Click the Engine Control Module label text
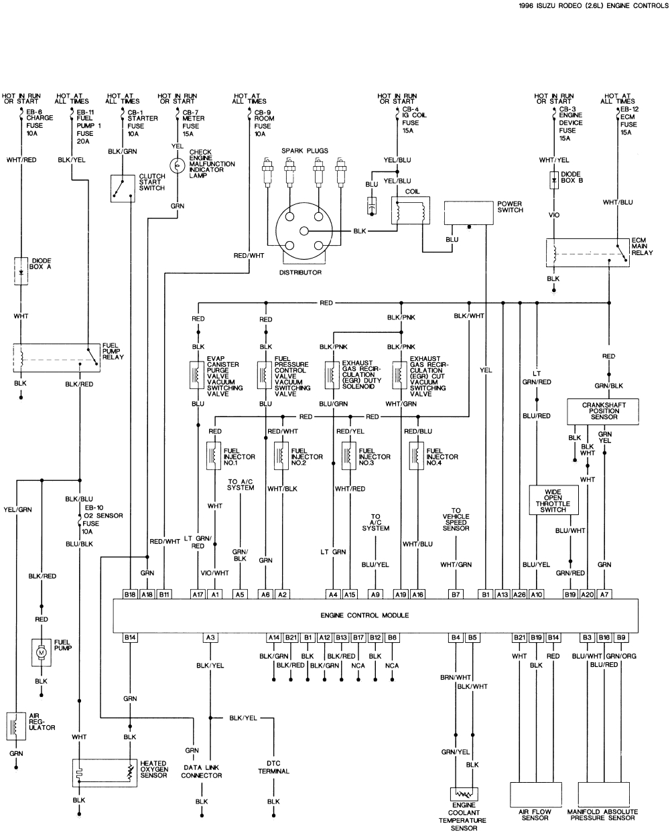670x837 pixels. (374, 615)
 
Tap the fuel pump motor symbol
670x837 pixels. (41, 652)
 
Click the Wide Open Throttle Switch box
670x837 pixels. (553, 500)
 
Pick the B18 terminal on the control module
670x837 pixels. (130, 594)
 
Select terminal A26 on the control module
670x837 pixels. (519, 594)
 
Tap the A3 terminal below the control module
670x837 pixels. (210, 637)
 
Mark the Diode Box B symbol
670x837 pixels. (554, 180)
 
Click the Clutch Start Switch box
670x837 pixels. (123, 187)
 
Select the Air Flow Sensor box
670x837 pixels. (535, 794)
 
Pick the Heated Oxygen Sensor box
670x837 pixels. (105, 772)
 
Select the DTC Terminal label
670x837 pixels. (273, 767)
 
